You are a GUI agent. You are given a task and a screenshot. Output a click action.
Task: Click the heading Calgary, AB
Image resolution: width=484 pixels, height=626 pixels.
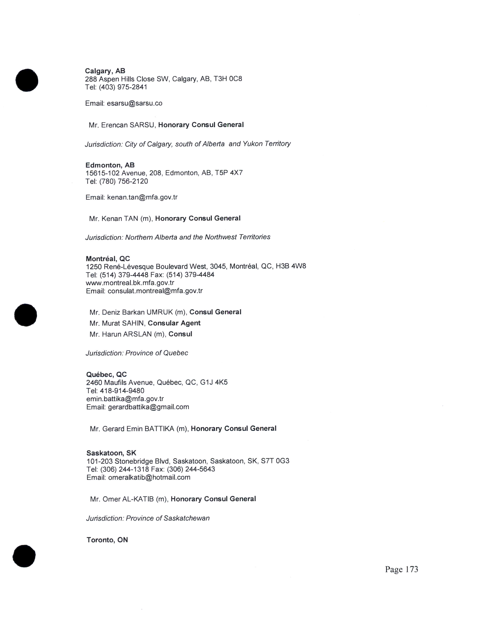point(105,71)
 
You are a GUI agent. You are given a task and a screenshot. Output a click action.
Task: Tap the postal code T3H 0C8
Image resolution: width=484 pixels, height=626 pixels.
point(228,79)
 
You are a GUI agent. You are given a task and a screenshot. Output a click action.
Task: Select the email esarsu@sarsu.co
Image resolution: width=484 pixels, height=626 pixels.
point(135,103)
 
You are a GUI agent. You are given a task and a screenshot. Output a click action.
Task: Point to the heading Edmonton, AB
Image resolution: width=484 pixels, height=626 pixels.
point(110,165)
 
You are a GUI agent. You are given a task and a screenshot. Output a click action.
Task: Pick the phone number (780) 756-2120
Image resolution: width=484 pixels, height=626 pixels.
point(124,181)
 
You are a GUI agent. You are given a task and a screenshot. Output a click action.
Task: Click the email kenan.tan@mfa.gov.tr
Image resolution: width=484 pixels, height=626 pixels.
point(142,197)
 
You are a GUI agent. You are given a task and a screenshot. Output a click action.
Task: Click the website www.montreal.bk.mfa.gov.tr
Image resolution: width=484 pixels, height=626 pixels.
point(130,283)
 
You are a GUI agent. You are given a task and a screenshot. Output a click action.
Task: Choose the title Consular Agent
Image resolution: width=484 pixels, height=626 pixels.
point(174,323)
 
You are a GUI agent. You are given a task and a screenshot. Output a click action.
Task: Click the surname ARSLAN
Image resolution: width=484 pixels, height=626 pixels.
point(137,334)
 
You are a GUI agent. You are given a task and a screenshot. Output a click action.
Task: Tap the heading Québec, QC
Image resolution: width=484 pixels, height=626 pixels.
point(106,374)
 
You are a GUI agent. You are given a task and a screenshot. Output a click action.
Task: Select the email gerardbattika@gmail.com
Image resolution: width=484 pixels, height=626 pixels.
point(149,407)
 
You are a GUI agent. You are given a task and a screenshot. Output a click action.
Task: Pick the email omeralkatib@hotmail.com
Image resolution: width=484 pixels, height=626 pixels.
point(149,477)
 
